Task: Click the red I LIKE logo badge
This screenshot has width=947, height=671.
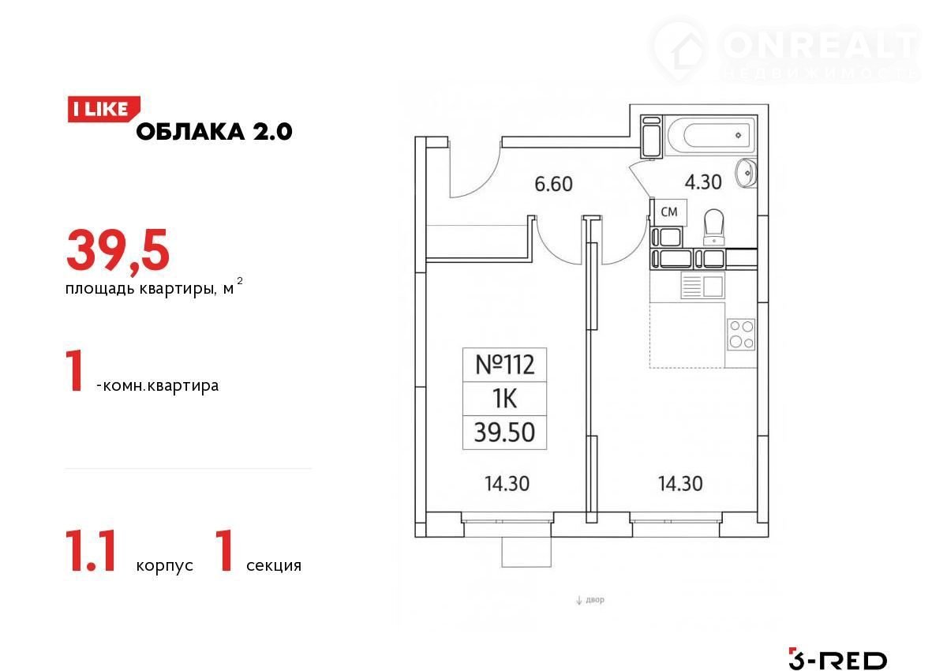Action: point(103,110)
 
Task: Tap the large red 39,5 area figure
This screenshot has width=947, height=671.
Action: point(118,251)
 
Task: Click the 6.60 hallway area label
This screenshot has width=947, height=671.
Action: point(553,185)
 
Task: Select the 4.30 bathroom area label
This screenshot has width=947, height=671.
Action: point(703,182)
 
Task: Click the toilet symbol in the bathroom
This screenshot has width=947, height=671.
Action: point(714,227)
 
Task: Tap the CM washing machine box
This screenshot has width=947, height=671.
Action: point(670,212)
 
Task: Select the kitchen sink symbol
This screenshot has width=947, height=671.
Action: point(702,285)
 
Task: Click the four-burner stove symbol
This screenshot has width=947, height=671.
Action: point(741,335)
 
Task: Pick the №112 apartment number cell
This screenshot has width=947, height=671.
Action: point(505,365)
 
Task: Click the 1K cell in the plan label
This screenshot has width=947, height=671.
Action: point(505,399)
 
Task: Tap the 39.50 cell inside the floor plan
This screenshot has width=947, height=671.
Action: point(505,432)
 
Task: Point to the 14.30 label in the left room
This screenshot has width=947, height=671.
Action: point(507,484)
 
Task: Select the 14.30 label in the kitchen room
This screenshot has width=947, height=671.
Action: point(680,484)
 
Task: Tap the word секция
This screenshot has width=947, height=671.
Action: point(274,566)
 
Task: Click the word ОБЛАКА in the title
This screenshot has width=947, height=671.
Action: point(191,132)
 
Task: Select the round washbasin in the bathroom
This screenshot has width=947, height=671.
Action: point(747,173)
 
